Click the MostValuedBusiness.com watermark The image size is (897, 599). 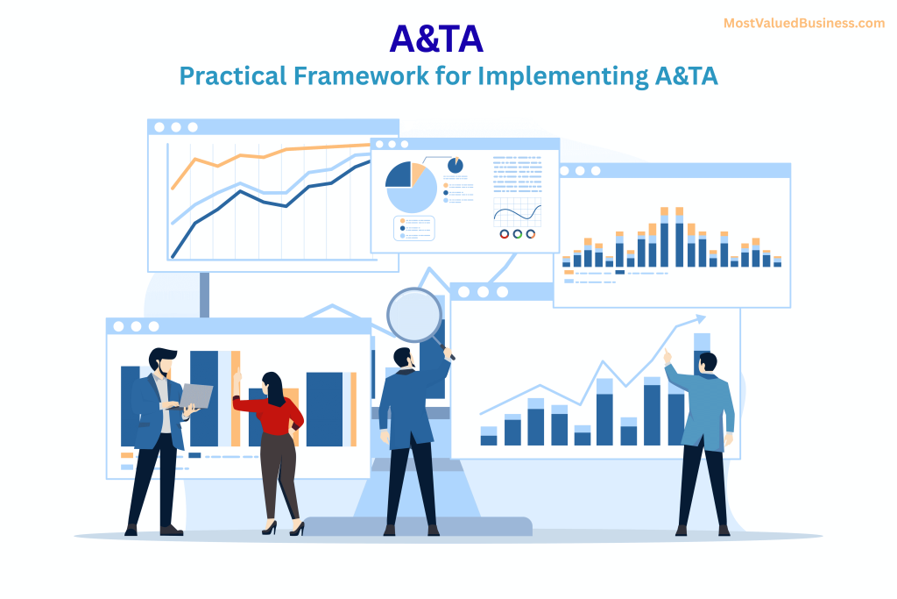coord(804,24)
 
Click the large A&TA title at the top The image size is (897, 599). coord(436,39)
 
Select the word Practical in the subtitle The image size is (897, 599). coord(231,76)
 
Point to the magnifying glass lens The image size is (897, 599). coord(414,314)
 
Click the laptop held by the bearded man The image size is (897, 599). coord(198,396)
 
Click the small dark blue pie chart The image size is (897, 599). coord(456,165)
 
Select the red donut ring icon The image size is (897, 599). coord(504,234)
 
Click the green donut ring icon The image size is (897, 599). coord(517,234)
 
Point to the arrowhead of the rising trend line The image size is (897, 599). coord(700,318)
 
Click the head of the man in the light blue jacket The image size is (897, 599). coord(707,361)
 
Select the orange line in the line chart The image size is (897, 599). coord(263,155)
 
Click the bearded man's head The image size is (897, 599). coord(161,361)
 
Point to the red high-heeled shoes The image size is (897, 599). coord(283,528)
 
